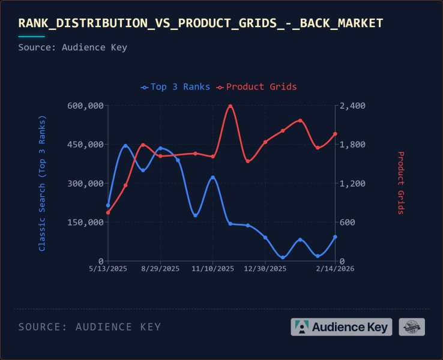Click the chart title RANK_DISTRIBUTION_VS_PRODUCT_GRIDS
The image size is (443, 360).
200,23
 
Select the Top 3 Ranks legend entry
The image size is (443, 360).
175,87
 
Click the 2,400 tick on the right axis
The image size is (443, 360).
352,106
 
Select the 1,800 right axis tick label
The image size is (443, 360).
352,145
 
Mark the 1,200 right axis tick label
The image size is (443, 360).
352,184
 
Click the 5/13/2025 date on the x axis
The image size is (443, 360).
108,269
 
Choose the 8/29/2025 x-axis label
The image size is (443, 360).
160,269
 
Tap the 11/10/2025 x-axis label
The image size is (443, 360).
212,269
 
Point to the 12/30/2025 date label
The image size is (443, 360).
265,269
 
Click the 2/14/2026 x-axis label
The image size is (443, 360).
334,269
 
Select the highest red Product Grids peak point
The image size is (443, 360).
231,106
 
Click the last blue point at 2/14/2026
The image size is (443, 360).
335,237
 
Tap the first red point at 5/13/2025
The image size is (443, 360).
108,212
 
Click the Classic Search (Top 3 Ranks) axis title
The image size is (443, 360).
42,183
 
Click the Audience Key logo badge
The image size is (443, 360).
342,327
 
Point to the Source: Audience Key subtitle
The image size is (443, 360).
73,47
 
